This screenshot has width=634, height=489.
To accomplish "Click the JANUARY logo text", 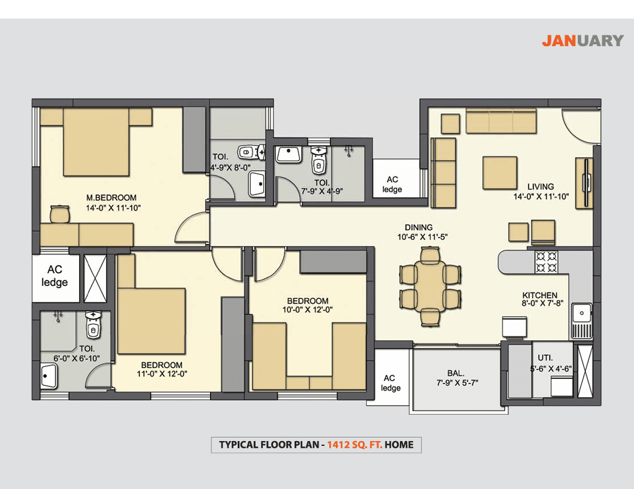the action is point(583,41).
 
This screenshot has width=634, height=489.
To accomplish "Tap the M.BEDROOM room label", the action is point(111,198).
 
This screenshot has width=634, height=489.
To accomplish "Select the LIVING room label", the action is point(541,186).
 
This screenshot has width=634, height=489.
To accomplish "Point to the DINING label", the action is point(418,228).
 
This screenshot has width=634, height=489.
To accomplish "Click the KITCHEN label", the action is point(540,295).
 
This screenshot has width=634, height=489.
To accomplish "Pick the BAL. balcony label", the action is point(456,373).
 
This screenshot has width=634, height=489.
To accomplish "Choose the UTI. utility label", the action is point(545,358).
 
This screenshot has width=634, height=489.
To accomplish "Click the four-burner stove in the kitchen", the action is point(546,262).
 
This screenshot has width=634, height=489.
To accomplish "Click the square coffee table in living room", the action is point(500,173).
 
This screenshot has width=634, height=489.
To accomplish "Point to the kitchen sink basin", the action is point(581,313).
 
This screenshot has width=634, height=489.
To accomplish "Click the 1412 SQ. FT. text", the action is point(354,445).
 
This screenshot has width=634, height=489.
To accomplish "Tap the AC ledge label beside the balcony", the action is point(390,383).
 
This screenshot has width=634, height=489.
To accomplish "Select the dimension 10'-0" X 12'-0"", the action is point(307,310).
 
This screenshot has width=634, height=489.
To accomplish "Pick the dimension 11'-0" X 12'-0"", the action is point(162,373).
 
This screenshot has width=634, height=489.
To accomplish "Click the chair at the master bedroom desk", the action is point(60,214).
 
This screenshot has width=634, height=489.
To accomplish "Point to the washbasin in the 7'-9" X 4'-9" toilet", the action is point(289,155).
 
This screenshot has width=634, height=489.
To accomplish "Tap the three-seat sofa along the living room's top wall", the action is point(501,120).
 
